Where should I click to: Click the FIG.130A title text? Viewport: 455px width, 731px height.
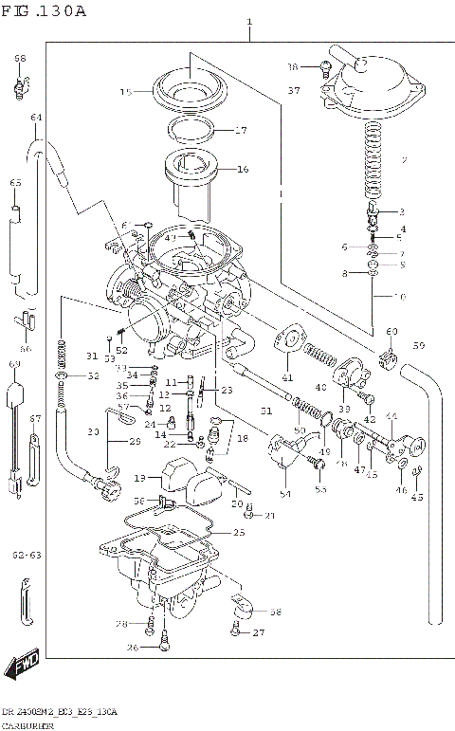pos(45,11)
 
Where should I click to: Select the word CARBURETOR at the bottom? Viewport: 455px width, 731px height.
pos(26,724)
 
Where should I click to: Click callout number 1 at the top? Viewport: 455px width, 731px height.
pos(249,21)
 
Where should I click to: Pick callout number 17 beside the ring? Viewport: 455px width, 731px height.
pos(241,131)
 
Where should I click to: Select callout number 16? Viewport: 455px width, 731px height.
pos(243,170)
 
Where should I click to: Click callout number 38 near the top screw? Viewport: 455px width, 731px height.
pos(293,67)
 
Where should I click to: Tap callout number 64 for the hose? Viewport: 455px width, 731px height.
pos(37,118)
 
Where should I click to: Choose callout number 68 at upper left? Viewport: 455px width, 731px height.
pos(19,59)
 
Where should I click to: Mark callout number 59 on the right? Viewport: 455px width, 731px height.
pos(418,345)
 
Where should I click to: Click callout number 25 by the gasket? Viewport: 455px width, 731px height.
pos(238,534)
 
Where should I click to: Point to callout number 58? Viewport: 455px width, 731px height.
pos(275,612)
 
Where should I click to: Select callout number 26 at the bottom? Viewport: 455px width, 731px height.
pos(134,648)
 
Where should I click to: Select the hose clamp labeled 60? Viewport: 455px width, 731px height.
pos(389,360)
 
